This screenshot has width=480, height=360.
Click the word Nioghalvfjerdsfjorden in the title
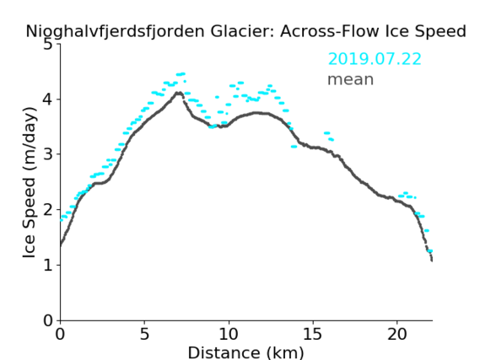click(x=115, y=32)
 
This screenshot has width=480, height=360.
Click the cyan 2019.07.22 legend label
click(x=375, y=59)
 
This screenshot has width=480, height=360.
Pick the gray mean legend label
click(x=351, y=79)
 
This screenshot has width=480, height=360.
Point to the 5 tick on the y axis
click(x=48, y=45)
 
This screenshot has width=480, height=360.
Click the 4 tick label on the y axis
click(x=48, y=99)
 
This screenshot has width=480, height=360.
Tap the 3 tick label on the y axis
click(x=48, y=154)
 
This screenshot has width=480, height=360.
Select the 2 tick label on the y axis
click(x=48, y=210)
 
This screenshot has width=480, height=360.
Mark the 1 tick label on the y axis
click(x=48, y=265)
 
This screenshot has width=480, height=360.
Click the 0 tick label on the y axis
click(x=48, y=320)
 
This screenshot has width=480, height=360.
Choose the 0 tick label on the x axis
click(x=60, y=335)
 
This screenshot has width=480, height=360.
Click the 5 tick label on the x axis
click(x=144, y=335)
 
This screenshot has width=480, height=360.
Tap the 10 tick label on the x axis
click(x=229, y=335)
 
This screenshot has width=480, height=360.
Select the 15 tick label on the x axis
click(x=313, y=335)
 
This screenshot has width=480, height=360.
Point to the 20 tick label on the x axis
click(x=397, y=335)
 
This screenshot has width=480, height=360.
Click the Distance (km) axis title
click(x=245, y=352)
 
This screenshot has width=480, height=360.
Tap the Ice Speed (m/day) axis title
click(x=30, y=183)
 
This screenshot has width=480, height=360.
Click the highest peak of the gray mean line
click(x=179, y=93)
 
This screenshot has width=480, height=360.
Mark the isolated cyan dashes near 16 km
click(x=329, y=136)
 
